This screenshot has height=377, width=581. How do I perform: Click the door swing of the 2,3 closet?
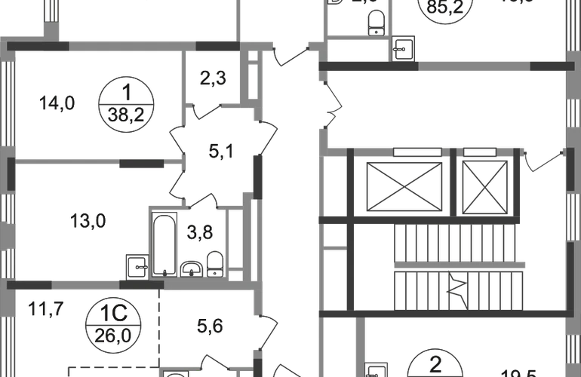click(201, 112)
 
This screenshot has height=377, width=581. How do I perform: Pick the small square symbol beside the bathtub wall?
click(137, 266)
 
